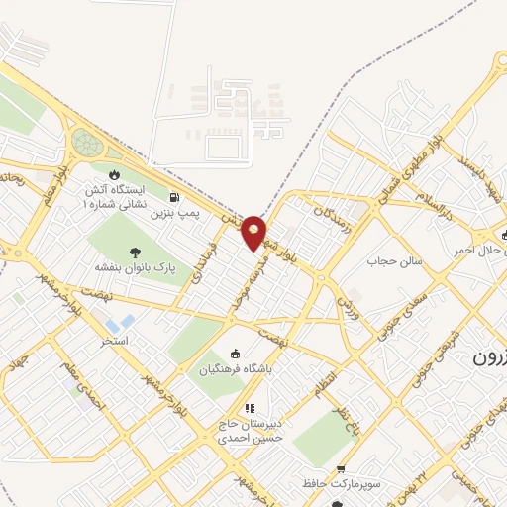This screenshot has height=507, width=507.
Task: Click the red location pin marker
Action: click(x=254, y=232)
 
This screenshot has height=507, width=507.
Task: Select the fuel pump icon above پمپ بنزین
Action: click(x=175, y=196)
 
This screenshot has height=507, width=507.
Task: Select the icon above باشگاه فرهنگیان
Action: click(x=235, y=355)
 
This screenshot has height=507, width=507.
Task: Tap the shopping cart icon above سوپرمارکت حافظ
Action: click(x=342, y=469)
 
